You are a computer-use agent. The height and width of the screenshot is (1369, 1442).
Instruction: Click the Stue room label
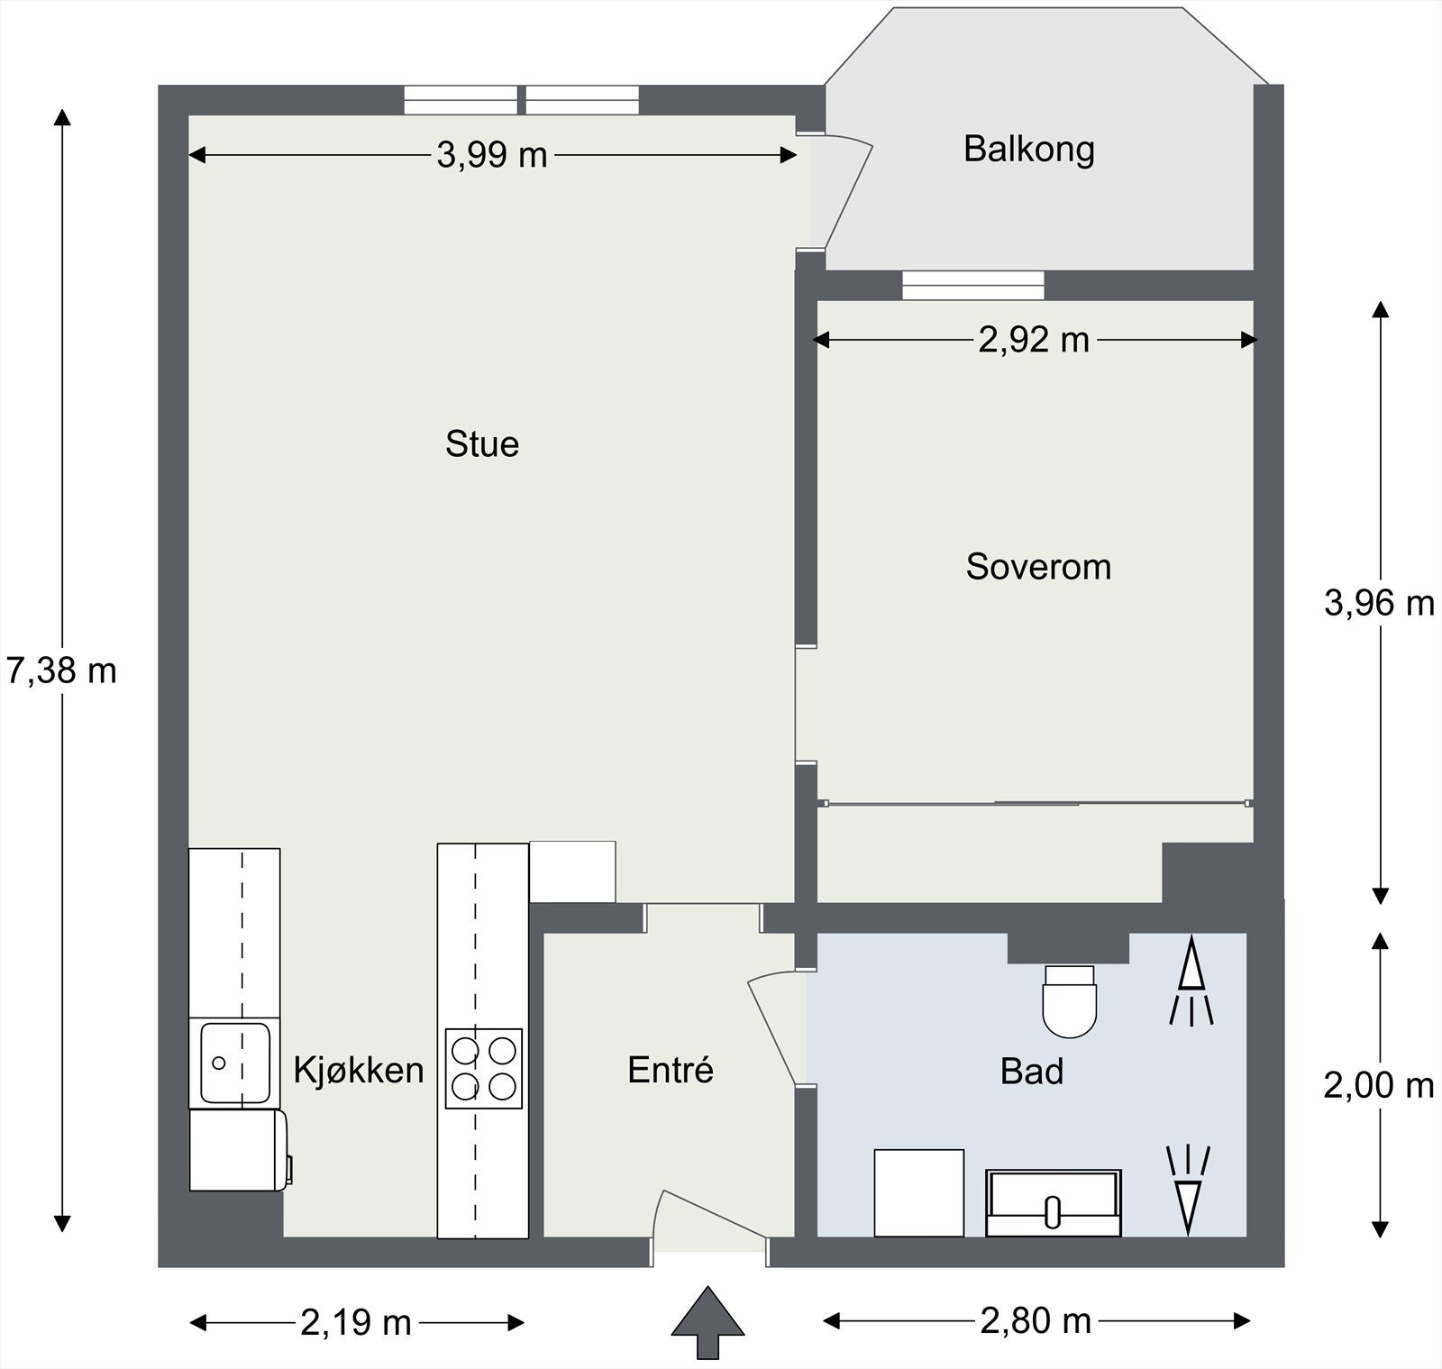(482, 444)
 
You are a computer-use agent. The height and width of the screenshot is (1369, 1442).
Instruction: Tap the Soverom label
(1038, 567)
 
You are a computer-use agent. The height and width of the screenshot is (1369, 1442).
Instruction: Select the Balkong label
(1029, 149)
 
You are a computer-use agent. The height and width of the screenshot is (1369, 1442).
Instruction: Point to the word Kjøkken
(359, 1070)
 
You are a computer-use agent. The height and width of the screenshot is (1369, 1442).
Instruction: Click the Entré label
(671, 1070)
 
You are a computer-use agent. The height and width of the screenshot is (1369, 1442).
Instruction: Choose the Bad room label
(1032, 1071)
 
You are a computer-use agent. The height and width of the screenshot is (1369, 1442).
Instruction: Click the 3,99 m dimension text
(492, 156)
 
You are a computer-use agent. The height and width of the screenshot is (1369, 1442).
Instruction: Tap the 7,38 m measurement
(61, 671)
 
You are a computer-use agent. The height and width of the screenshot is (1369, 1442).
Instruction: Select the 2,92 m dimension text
(1034, 340)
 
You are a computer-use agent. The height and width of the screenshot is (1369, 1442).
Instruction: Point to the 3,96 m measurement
(1379, 602)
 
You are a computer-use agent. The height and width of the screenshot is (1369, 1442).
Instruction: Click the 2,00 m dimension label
(1379, 1085)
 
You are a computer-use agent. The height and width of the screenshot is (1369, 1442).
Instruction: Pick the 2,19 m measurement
(356, 1323)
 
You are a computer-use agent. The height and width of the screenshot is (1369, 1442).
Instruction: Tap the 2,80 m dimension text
(1036, 1321)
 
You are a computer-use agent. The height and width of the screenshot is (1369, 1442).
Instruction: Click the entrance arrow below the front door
(708, 1323)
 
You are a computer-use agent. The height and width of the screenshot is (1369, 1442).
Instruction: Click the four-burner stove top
(484, 1069)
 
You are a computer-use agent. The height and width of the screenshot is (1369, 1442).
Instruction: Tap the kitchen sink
(235, 1063)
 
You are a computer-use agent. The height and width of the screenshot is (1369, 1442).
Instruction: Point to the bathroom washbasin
(1054, 1203)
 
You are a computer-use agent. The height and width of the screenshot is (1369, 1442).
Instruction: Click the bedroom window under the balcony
(973, 286)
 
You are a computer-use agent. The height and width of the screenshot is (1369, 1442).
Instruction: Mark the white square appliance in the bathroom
(919, 1193)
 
